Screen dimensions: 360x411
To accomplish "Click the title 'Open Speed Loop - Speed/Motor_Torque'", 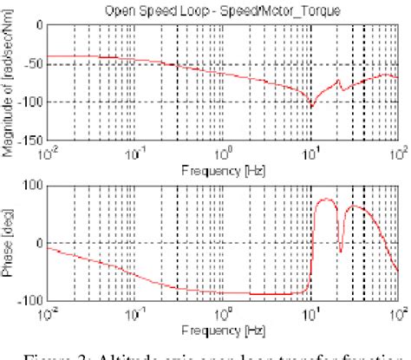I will tap(221, 11).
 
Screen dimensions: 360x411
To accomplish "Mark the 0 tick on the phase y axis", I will tap(40, 243).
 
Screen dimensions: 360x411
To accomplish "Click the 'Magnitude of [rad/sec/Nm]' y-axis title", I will tap(10, 82).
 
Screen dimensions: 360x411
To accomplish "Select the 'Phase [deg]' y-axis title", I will tap(10, 243).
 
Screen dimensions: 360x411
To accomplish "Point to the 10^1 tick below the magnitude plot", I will tap(310, 150).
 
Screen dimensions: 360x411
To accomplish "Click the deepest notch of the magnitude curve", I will tap(311, 107).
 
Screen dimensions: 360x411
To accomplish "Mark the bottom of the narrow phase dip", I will tap(341, 252).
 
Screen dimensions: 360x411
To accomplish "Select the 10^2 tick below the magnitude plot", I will tap(398, 150).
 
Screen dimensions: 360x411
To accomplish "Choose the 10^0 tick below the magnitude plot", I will tap(223, 150).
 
